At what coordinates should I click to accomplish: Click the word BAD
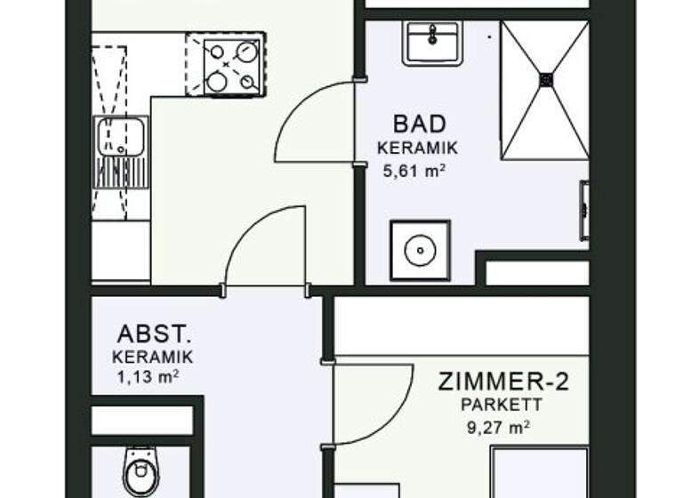pyautogui.click(x=419, y=124)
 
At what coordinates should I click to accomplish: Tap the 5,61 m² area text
pyautogui.click(x=414, y=170)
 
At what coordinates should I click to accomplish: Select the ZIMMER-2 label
pyautogui.click(x=503, y=383)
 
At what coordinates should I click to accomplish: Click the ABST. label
pyautogui.click(x=154, y=335)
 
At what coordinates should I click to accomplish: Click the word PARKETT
pyautogui.click(x=503, y=406)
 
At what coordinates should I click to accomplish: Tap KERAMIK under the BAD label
pyautogui.click(x=417, y=148)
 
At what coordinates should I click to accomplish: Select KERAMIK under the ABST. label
pyautogui.click(x=153, y=357)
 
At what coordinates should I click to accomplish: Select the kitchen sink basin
pyautogui.click(x=121, y=136)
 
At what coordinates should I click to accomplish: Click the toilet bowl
pyautogui.click(x=139, y=472)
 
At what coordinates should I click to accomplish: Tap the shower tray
pyautogui.click(x=544, y=89)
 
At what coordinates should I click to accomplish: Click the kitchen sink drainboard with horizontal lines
pyautogui.click(x=120, y=173)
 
